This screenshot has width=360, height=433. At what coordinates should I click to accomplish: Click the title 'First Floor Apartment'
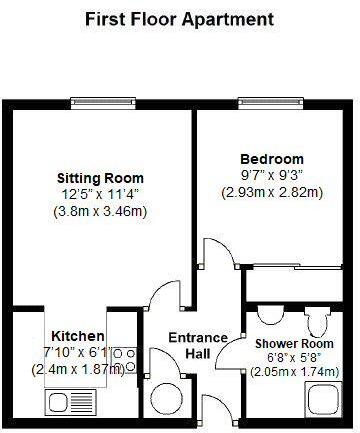tap(179, 19)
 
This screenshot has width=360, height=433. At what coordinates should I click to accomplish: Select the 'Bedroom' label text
tap(272, 158)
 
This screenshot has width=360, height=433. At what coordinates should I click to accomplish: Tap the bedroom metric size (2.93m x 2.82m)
tap(272, 192)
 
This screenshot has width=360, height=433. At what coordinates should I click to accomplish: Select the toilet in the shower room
tap(319, 323)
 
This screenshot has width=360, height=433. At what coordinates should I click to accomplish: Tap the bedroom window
tap(259, 102)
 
